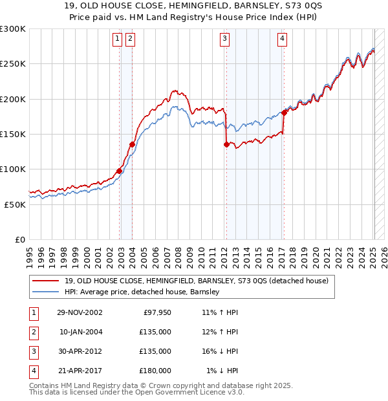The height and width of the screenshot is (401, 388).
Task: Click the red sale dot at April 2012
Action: [226, 145]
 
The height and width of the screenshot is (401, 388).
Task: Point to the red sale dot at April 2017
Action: [284, 113]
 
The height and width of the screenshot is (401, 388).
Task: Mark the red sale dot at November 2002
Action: [120, 171]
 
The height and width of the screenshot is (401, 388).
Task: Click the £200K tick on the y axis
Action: [13, 99]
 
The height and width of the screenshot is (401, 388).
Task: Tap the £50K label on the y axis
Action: [15, 204]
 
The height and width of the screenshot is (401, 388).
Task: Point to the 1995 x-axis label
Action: [30, 256]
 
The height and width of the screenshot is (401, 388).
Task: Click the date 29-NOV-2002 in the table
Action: [80, 312]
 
